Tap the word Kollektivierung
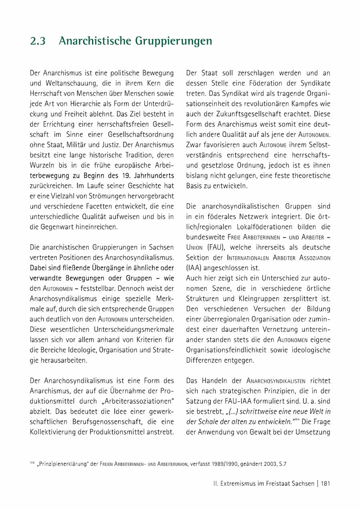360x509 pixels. tap(54, 432)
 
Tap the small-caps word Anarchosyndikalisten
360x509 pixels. tap(276, 381)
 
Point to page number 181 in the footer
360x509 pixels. tap(325, 483)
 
